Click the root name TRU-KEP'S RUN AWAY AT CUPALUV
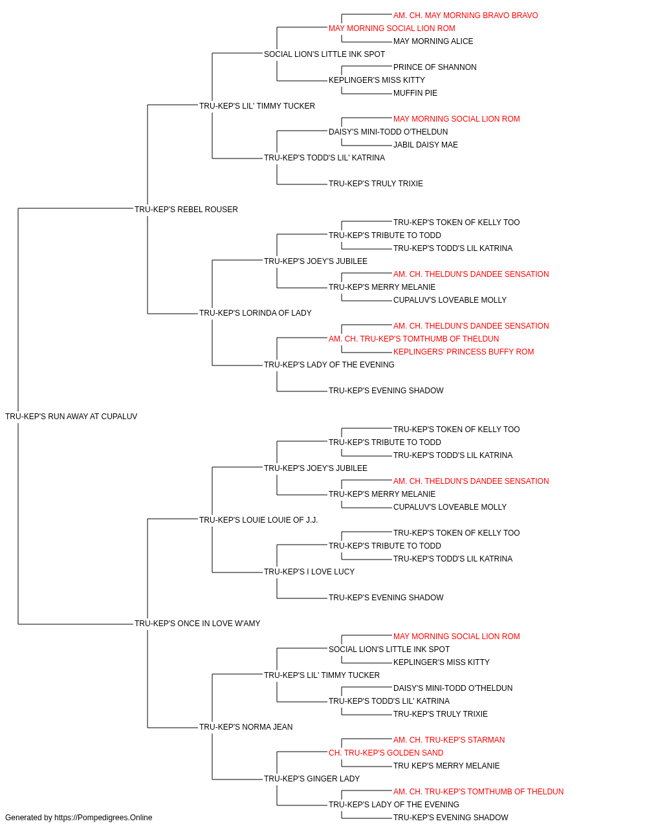pos(71,417)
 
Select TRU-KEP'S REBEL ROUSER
pos(186,209)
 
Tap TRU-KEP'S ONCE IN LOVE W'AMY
pos(197,624)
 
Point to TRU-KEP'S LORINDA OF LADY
pos(256,313)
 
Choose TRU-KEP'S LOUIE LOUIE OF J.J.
pos(258,519)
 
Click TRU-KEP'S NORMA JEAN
pos(246,726)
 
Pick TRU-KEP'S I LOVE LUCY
pos(309,572)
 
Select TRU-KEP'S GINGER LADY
pos(312,778)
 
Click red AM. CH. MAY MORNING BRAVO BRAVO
pos(466,16)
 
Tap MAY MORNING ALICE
pos(433,41)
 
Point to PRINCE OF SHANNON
pos(435,67)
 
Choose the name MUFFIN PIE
pos(415,93)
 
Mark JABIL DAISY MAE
pos(426,145)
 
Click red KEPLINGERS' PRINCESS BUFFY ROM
pos(464,352)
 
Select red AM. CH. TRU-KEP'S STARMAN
pos(449,739)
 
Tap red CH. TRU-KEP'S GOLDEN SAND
pos(386,752)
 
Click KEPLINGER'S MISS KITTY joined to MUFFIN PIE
pos(377,80)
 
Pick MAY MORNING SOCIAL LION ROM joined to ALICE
pos(391,28)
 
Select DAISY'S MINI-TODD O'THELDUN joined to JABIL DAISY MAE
pos(388,132)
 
